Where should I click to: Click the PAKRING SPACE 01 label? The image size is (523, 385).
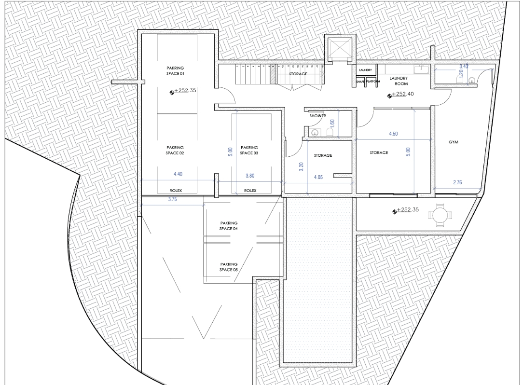click(x=175, y=71)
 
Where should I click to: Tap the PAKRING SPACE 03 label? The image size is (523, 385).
click(x=249, y=150)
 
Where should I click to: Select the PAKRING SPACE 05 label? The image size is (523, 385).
click(x=229, y=267)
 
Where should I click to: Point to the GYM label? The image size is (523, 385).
click(x=454, y=142)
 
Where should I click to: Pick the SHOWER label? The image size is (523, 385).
click(x=317, y=116)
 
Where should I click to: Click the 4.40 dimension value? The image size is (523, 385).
click(x=178, y=174)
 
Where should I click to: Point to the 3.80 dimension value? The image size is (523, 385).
click(x=250, y=176)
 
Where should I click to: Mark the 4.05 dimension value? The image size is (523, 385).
click(x=318, y=177)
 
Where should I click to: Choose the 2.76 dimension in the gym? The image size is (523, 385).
click(x=457, y=182)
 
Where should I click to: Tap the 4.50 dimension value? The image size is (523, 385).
click(x=393, y=134)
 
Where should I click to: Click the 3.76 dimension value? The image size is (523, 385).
click(x=172, y=200)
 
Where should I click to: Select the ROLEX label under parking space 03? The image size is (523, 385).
click(x=250, y=191)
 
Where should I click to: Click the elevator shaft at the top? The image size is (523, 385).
click(x=341, y=49)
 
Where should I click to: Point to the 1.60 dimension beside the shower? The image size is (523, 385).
click(x=332, y=124)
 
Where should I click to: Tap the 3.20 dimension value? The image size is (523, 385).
click(x=302, y=166)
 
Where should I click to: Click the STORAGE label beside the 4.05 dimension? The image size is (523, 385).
click(x=323, y=155)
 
